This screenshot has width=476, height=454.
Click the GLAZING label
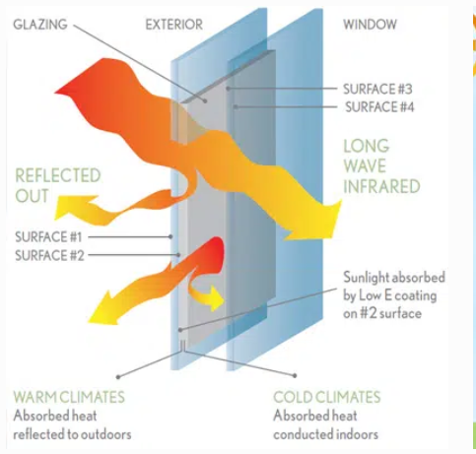tap(40, 25)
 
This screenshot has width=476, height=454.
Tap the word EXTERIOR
tap(174, 25)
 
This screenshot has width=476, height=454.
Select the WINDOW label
tap(370, 25)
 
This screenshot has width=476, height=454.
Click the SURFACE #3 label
tap(377, 89)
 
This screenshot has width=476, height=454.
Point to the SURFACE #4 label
tap(379, 107)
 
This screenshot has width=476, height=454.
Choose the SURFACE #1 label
tap(48, 237)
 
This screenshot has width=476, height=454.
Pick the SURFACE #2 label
tap(49, 255)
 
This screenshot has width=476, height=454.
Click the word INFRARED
tap(381, 186)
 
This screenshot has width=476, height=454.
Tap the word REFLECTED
tap(58, 175)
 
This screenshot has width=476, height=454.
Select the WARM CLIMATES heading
tap(69, 397)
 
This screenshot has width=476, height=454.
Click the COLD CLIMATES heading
tap(327, 397)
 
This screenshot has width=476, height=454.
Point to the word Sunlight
tap(365, 278)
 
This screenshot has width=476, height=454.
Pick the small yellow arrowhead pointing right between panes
tap(215, 298)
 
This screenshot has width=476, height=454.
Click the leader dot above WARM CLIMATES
tap(118, 377)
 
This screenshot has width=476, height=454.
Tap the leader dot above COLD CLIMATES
tap(295, 375)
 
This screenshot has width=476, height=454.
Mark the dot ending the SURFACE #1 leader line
tap(170, 236)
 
